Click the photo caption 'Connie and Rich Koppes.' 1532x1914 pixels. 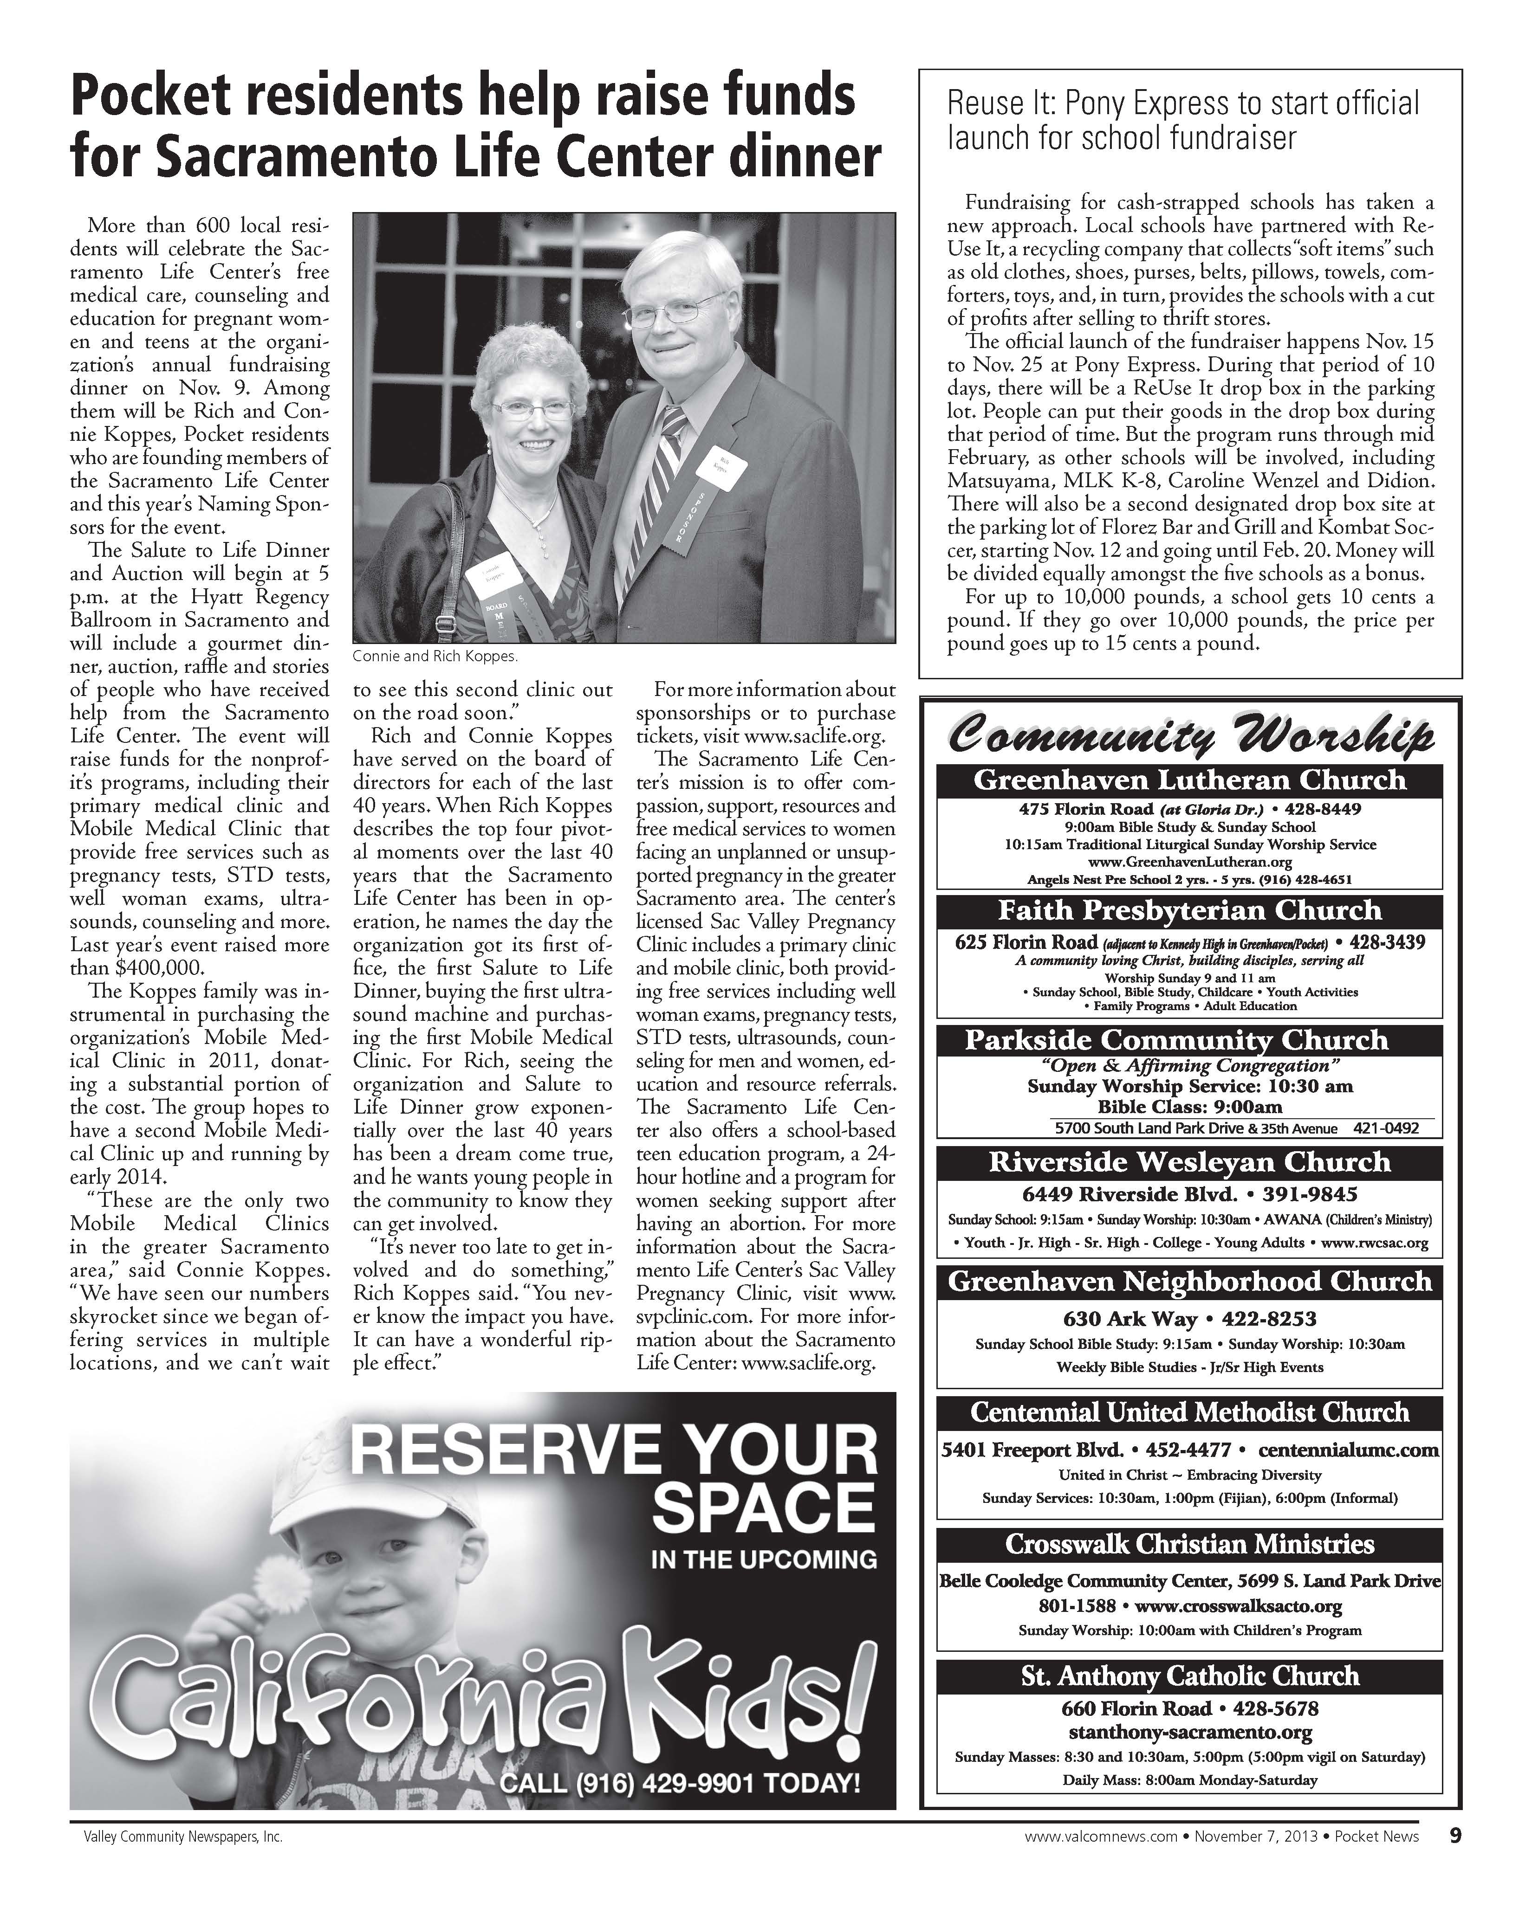[434, 657]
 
